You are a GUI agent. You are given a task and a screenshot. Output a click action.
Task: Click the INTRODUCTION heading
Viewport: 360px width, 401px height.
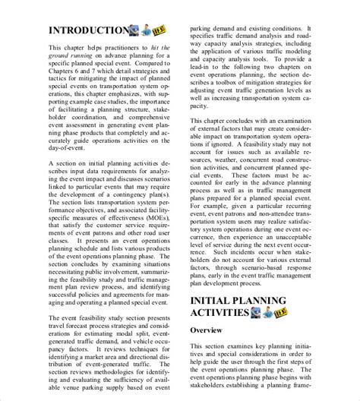(90, 30)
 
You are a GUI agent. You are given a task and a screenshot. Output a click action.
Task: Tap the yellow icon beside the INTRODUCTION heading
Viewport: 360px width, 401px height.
(159, 30)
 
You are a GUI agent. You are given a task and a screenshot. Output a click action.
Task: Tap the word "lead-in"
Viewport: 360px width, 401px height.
(206, 65)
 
